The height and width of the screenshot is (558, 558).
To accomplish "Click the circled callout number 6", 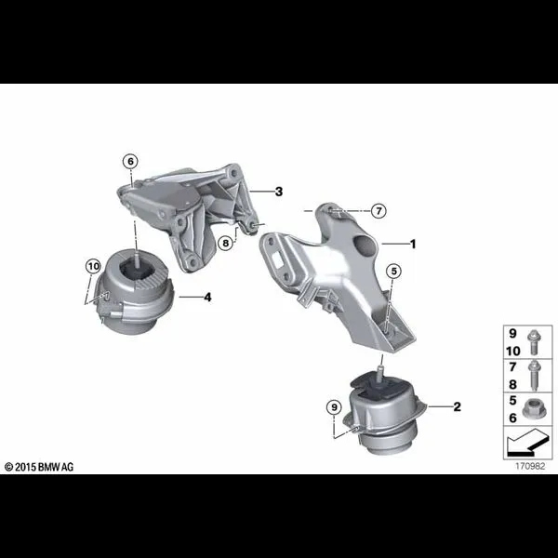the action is [x=130, y=162].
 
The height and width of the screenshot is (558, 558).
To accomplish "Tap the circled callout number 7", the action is [x=379, y=211].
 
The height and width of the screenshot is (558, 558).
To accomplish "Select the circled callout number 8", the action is [x=226, y=244].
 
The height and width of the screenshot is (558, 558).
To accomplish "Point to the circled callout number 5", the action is [x=393, y=272].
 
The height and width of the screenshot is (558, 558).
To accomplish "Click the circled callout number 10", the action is [x=93, y=266].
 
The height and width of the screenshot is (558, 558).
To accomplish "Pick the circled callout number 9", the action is [x=334, y=407].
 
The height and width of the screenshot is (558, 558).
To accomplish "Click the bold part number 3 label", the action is [x=279, y=192].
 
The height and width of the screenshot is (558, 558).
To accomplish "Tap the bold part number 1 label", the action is [x=413, y=244].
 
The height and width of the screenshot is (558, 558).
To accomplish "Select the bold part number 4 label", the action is [x=207, y=297].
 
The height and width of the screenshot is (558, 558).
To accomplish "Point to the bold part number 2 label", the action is [x=457, y=406].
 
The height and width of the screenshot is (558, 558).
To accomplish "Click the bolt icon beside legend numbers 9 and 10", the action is [x=533, y=342].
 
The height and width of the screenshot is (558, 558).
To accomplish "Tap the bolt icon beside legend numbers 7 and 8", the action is [x=534, y=375].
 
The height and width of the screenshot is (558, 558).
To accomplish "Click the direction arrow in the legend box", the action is [x=527, y=443].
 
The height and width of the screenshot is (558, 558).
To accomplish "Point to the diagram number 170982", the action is [x=530, y=466].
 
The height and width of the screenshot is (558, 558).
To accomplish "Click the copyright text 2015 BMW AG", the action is [x=39, y=467].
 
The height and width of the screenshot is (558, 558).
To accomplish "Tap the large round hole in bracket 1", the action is [x=364, y=246].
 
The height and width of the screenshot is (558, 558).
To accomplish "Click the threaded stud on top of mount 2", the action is [x=380, y=375].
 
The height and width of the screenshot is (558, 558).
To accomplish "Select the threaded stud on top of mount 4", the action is [x=136, y=258].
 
